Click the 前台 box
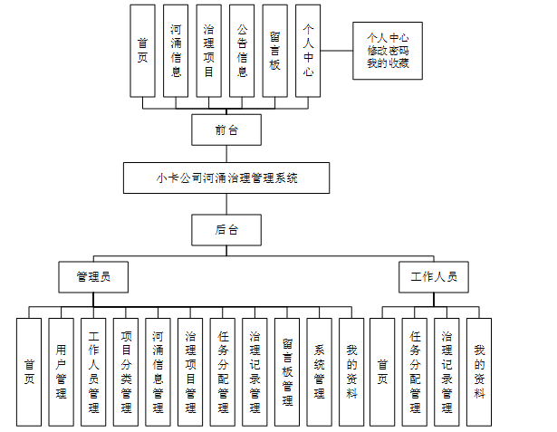226,130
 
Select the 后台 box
226,230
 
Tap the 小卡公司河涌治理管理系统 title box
226,178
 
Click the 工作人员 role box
433,276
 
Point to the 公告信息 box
242,51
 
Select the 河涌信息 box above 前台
176,51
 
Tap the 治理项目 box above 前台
209,51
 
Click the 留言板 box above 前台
275,51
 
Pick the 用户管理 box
61,371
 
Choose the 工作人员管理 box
93,371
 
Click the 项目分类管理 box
126,371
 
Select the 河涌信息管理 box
158,371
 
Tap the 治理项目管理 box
190,371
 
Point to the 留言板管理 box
286,371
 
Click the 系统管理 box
319,371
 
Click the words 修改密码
389,51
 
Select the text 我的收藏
389,63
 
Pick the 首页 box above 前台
143,51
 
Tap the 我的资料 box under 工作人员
479,371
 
